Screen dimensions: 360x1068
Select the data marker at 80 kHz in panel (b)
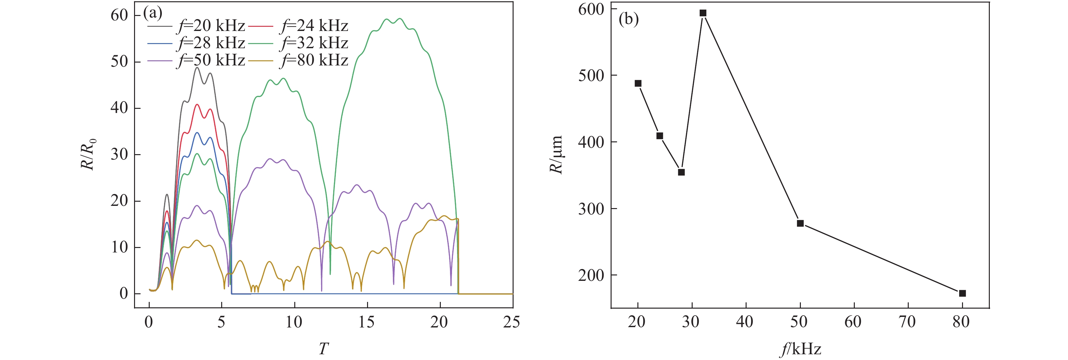962,293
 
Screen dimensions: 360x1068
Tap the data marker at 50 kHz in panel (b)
800,223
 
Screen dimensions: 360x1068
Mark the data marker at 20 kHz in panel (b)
638,83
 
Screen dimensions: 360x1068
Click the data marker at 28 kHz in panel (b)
681,172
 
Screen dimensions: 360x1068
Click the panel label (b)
628,19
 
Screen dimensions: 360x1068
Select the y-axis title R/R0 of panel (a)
88,154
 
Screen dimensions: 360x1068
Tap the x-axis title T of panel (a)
323,349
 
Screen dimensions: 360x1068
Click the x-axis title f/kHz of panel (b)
801,349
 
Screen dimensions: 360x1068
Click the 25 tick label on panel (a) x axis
512,322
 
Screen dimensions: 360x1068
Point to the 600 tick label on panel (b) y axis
591,9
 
